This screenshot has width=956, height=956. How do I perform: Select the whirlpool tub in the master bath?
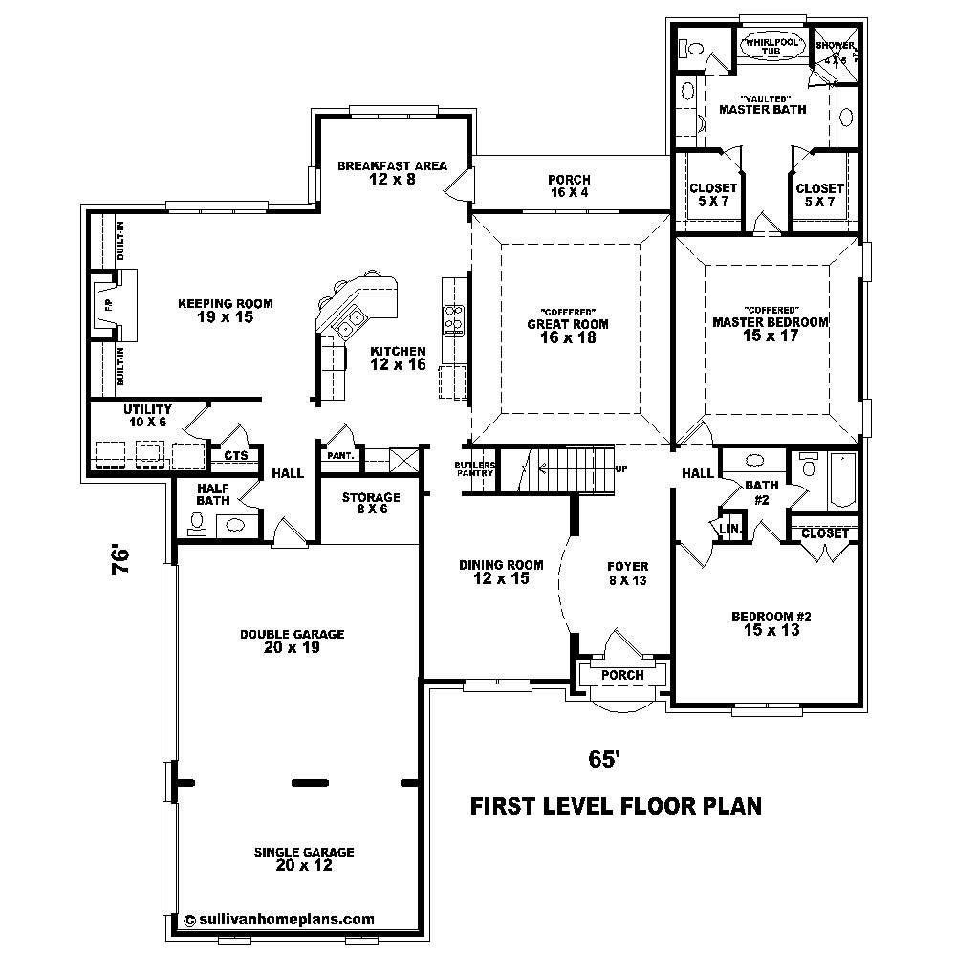point(771,49)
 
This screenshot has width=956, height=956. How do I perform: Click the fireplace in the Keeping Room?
point(110,306)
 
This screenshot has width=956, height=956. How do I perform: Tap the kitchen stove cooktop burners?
point(453,316)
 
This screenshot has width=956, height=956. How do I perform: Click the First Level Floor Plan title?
point(616,806)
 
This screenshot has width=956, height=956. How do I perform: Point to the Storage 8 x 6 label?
point(371,504)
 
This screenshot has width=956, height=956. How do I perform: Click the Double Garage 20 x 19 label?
point(279,641)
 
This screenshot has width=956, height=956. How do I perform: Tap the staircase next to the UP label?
point(564,468)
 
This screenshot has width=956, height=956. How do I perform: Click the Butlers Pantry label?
point(475,468)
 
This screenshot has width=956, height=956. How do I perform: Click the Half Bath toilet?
point(198,521)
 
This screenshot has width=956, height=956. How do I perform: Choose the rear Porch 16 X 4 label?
point(569,185)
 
